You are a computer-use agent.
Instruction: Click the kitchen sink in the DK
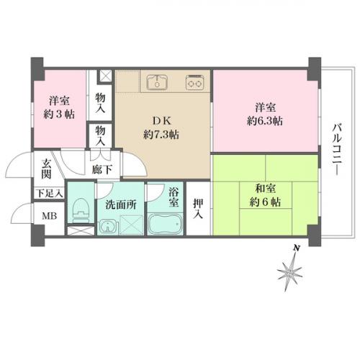click(157, 82)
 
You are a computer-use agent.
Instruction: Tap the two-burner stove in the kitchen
click(195, 82)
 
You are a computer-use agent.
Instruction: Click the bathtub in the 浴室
click(165, 224)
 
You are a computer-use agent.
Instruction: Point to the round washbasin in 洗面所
click(108, 226)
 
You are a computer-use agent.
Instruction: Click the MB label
click(50, 216)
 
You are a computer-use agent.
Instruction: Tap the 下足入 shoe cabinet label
click(50, 193)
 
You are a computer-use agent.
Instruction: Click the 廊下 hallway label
click(102, 170)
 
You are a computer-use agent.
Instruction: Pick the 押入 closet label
click(198, 209)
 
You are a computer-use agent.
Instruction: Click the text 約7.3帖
click(161, 135)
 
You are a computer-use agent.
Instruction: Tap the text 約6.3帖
click(265, 121)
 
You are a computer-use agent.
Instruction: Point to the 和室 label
click(265, 189)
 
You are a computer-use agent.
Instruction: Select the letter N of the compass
click(297, 248)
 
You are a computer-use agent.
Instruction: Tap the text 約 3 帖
click(59, 114)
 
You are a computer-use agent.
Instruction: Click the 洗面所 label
click(121, 204)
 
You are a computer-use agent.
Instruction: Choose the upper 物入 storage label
click(100, 103)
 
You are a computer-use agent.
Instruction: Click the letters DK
click(162, 121)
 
